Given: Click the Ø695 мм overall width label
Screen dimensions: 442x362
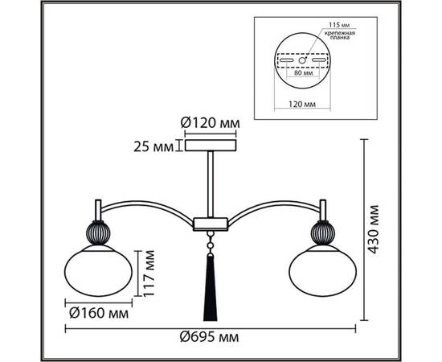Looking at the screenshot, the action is (x=210, y=337).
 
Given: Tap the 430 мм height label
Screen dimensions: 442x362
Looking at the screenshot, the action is (x=374, y=229).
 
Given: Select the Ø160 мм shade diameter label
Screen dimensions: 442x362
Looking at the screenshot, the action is (x=99, y=313).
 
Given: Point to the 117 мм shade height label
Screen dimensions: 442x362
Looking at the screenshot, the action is (x=149, y=274).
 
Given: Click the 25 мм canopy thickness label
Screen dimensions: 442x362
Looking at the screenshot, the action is (x=153, y=147).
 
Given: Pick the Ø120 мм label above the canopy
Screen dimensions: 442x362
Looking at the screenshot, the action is (x=210, y=123).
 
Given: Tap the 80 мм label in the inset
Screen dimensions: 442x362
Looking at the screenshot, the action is (x=303, y=72).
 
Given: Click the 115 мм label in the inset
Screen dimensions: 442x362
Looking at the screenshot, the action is (x=339, y=25).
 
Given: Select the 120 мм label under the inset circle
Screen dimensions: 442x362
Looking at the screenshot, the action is (x=302, y=104).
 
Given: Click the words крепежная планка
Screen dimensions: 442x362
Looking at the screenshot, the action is (x=339, y=35).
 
